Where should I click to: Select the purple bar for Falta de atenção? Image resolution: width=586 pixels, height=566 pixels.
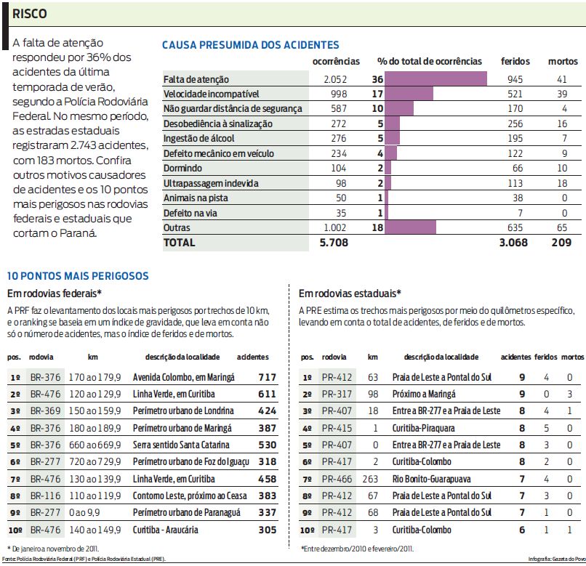[436, 78]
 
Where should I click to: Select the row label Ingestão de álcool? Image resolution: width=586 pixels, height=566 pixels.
[199, 139]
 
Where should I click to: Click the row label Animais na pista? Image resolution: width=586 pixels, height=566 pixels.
[195, 198]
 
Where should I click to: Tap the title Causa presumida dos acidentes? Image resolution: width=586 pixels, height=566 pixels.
[250, 45]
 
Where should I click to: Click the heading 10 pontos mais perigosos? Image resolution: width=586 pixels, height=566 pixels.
[78, 276]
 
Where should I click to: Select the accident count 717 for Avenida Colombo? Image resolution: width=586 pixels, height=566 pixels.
[267, 378]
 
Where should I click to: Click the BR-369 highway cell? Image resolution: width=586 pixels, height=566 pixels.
[45, 411]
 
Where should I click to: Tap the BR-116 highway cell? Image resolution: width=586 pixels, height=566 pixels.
[45, 496]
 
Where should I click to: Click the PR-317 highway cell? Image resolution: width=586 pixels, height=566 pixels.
[337, 395]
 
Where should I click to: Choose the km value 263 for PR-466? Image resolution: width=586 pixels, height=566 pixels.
[373, 480]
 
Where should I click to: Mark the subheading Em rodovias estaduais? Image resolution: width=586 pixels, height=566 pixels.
[350, 294]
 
